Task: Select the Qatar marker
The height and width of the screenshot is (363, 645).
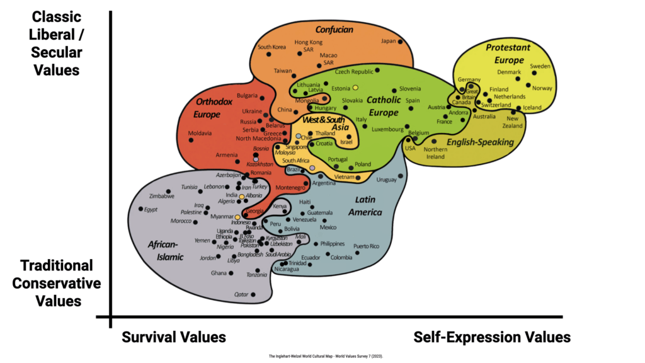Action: pyautogui.click(x=253, y=294)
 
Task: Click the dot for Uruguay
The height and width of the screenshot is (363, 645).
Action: pyautogui.click(x=401, y=178)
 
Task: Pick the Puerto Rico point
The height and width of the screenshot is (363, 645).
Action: pyautogui.click(x=357, y=253)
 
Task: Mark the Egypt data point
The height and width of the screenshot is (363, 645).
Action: pyautogui.click(x=141, y=209)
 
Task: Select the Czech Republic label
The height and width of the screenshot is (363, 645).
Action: pyautogui.click(x=353, y=72)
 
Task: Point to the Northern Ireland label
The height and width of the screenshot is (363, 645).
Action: pyautogui.click(x=435, y=153)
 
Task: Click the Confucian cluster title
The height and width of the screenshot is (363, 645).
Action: pyautogui.click(x=334, y=29)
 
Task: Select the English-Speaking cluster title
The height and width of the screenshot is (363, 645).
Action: pyautogui.click(x=481, y=142)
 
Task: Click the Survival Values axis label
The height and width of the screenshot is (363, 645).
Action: pyautogui.click(x=174, y=337)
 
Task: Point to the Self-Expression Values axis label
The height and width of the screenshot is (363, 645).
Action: pyautogui.click(x=492, y=337)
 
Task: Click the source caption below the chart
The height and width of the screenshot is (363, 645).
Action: pyautogui.click(x=330, y=356)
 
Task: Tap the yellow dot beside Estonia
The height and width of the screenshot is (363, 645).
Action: pyautogui.click(x=355, y=88)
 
